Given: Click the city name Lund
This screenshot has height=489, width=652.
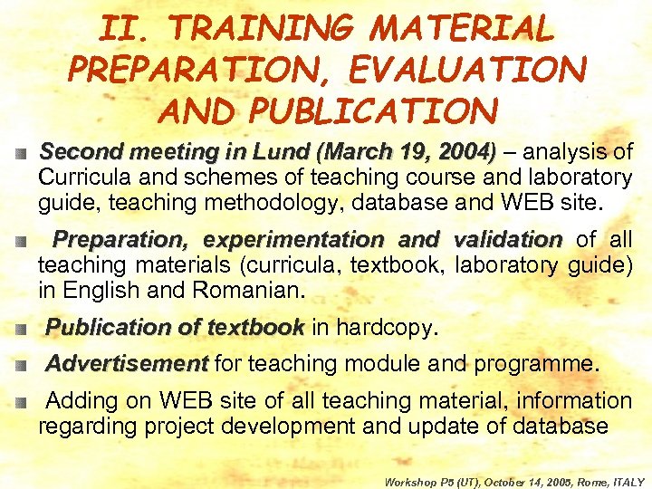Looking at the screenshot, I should click(272, 151).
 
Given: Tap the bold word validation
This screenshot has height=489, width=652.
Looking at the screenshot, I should click(507, 240).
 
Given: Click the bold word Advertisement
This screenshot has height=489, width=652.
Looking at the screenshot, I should click(127, 364).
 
